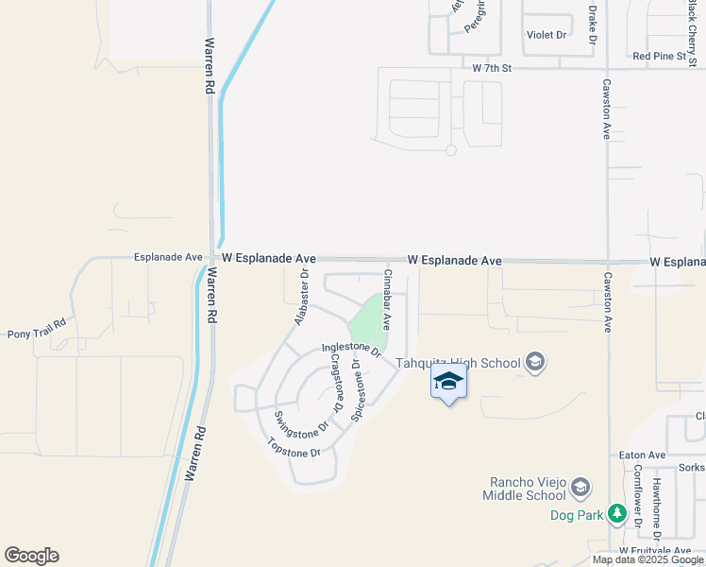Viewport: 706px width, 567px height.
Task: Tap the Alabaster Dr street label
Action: [301, 297]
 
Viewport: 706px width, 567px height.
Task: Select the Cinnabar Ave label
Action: [386, 299]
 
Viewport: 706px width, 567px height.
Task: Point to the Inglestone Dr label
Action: [350, 351]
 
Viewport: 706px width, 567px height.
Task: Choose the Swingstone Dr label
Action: [300, 422]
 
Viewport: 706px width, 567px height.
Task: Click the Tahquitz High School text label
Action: [458, 363]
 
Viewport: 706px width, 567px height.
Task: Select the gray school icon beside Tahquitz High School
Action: [535, 363]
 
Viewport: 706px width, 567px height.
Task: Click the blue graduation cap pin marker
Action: [448, 381]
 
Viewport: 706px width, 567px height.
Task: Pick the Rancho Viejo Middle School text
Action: [523, 489]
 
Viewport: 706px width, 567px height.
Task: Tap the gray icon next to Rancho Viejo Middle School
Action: [580, 488]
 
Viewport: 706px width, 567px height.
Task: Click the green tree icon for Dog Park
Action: [617, 514]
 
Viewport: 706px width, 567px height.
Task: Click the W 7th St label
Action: [492, 68]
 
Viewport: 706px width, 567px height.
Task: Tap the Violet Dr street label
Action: [546, 35]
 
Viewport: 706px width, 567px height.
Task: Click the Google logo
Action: [31, 557]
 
